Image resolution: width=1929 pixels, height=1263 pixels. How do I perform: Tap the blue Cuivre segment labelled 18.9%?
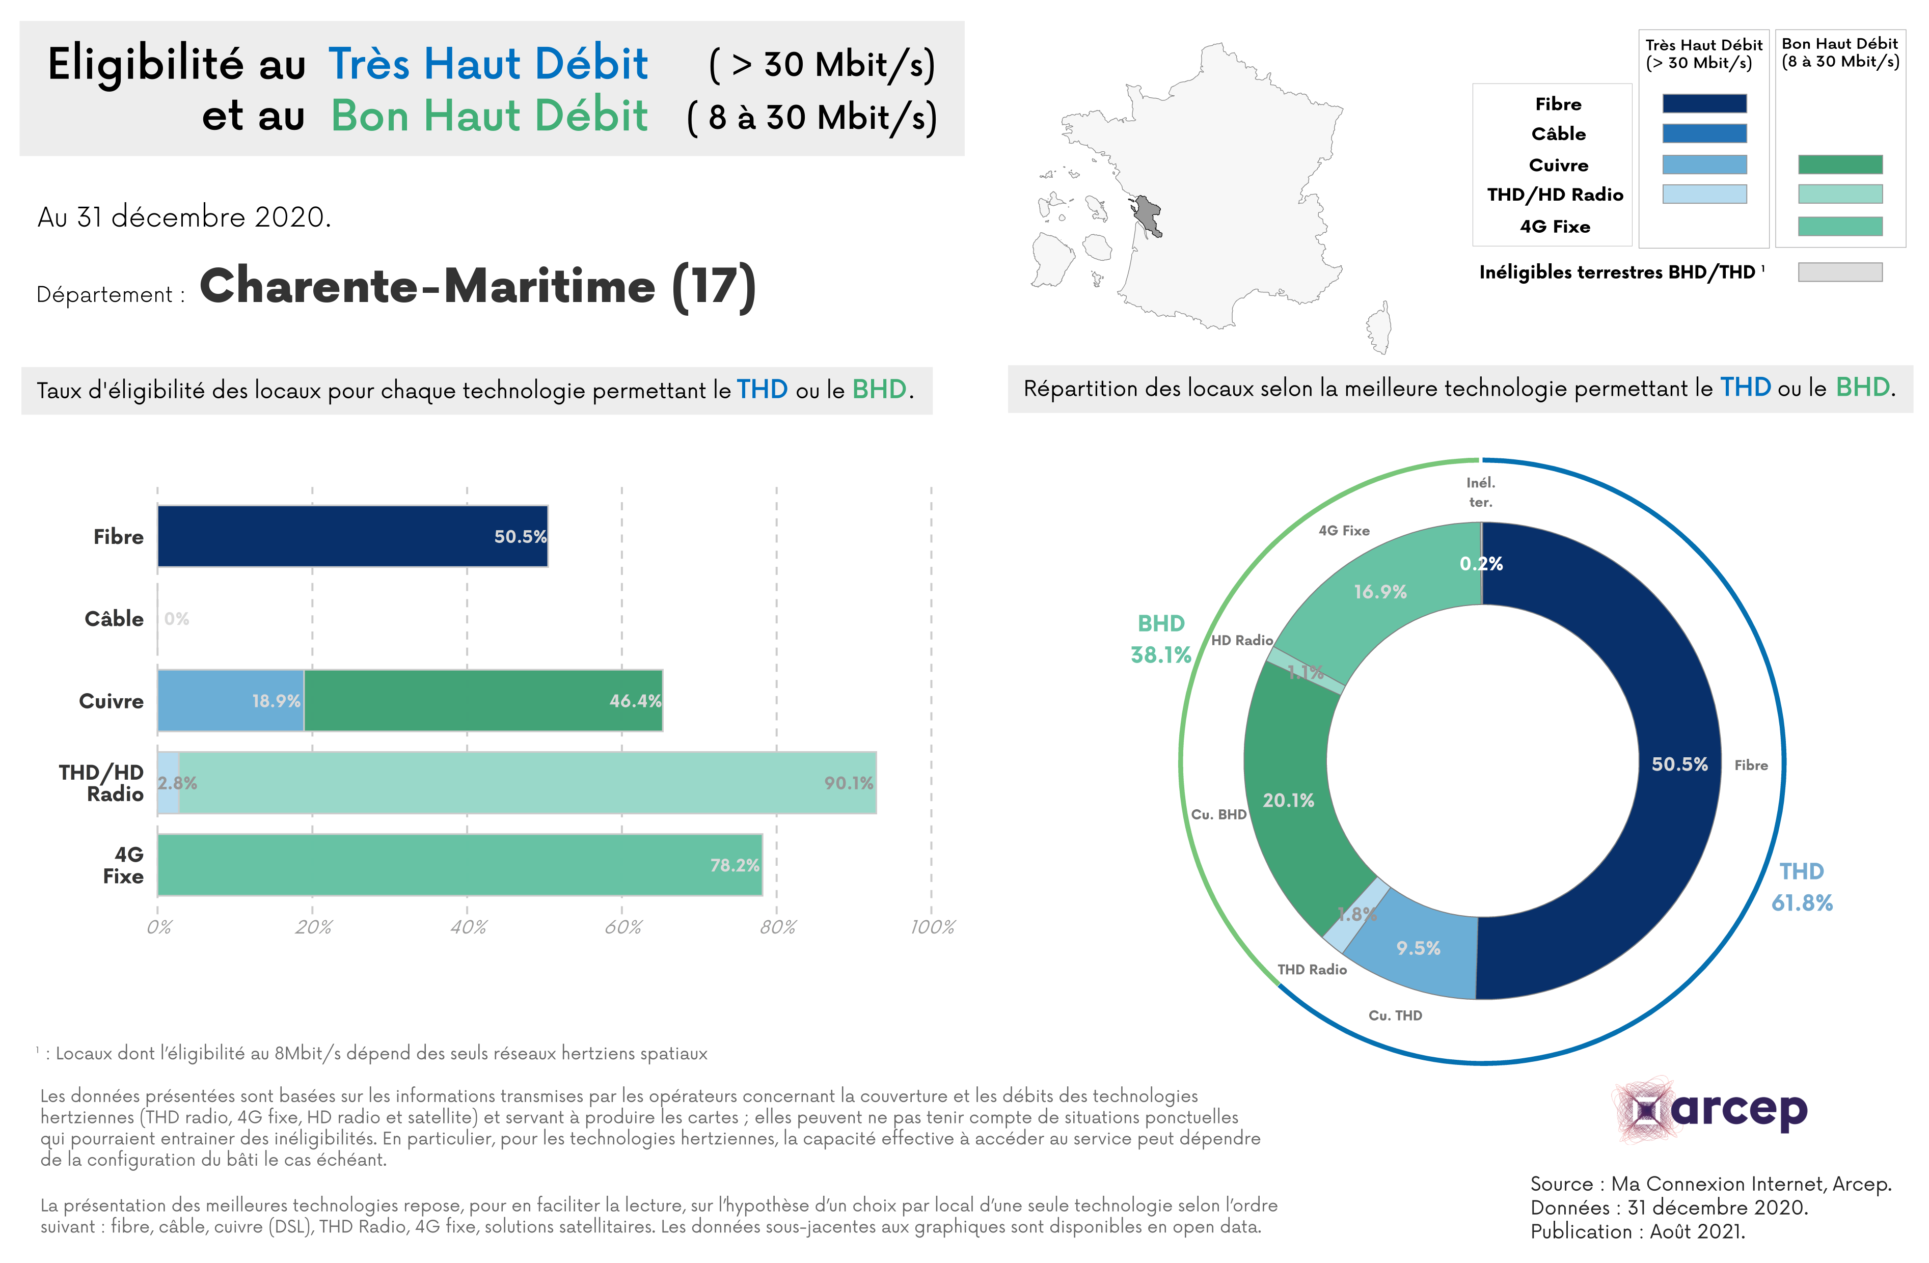(230, 701)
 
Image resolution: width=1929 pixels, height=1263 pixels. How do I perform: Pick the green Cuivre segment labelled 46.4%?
(483, 701)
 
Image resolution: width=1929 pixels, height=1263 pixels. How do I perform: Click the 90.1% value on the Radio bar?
(848, 783)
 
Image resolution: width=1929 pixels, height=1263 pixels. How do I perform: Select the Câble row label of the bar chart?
(114, 619)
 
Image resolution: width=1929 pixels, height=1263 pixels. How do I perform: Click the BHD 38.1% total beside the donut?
(1161, 639)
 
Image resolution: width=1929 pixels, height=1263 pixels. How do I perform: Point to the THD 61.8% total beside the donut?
(1801, 887)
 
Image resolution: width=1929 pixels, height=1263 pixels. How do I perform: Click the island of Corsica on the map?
(1379, 327)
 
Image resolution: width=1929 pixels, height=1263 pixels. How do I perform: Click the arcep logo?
(1710, 1110)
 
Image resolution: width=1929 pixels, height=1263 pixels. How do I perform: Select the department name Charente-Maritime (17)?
(477, 287)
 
